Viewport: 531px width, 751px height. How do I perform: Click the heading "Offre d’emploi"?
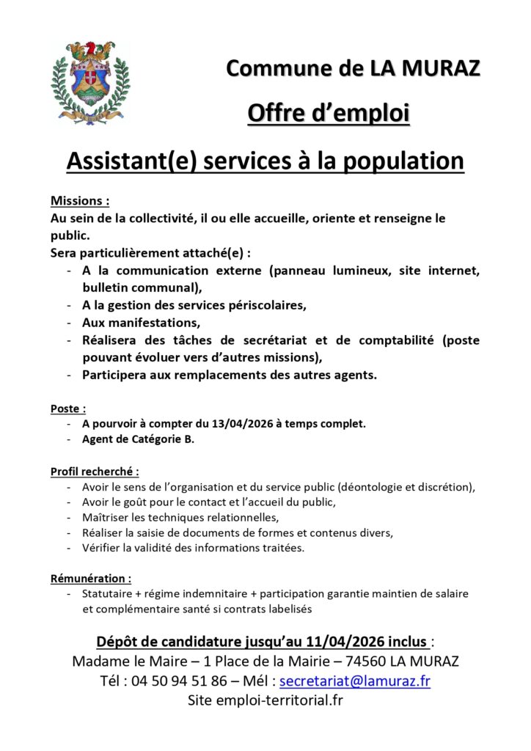point(328,114)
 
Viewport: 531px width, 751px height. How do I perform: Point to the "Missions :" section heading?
point(80,201)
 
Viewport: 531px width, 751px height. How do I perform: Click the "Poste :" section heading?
point(68,409)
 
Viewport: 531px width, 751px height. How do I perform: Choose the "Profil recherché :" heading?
point(95,472)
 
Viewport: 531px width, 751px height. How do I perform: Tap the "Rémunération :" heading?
point(91,579)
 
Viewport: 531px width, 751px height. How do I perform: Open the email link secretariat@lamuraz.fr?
point(355,681)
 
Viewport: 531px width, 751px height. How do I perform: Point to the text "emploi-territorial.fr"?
point(279,700)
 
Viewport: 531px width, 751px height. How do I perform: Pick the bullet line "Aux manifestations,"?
point(142,323)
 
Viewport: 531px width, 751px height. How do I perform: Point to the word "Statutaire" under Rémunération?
point(109,593)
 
